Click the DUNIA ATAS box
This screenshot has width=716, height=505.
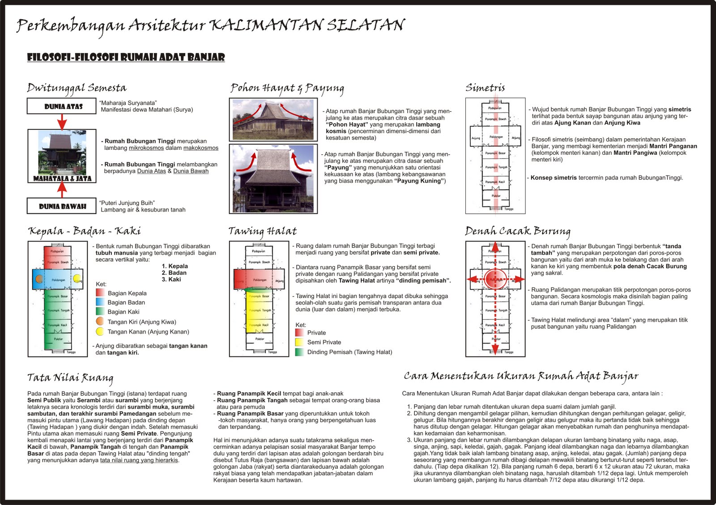(62, 106)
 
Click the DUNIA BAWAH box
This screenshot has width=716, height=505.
(62, 206)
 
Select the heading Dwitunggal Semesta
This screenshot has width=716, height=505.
(77, 88)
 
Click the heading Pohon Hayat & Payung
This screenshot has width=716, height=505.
(287, 89)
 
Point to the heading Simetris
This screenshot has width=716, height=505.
(485, 88)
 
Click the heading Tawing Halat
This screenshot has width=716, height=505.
(262, 231)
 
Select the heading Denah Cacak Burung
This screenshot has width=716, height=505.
(517, 231)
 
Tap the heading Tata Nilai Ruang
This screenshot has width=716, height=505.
(70, 378)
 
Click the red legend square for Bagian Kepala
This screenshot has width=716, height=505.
(100, 293)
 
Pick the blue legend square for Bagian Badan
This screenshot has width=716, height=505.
(100, 302)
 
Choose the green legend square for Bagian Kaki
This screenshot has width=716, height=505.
(100, 312)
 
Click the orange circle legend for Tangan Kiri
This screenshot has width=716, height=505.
(100, 322)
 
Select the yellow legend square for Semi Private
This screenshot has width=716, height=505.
(299, 342)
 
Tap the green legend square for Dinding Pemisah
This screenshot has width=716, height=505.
(299, 352)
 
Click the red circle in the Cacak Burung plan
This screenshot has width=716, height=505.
(495, 279)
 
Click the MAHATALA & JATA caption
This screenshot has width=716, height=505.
(62, 178)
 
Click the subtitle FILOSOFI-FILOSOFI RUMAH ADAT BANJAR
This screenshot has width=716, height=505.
(126, 57)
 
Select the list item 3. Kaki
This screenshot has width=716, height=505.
(171, 279)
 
